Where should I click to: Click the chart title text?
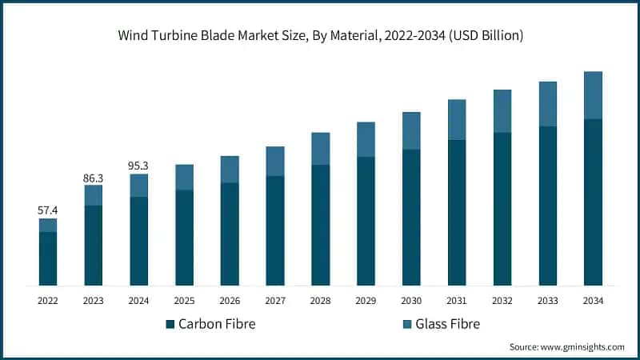pyautogui.click(x=320, y=37)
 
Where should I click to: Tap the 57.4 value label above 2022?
pyautogui.click(x=48, y=210)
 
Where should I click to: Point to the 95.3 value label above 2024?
pyautogui.click(x=139, y=166)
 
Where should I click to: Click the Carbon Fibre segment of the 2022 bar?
pyautogui.click(x=48, y=258)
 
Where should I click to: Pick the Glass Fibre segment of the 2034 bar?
pyautogui.click(x=593, y=95)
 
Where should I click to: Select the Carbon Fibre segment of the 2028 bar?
pyautogui.click(x=320, y=225)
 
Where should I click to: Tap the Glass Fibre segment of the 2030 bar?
pyautogui.click(x=411, y=130)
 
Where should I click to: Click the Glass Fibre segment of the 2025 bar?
pyautogui.click(x=184, y=177)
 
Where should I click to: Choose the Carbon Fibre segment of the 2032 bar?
pyautogui.click(x=502, y=209)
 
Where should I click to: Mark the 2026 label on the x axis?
pyautogui.click(x=230, y=300)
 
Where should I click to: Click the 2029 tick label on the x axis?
pyautogui.click(x=366, y=300)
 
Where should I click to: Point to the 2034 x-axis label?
pyautogui.click(x=593, y=300)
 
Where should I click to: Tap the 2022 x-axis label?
pyautogui.click(x=48, y=300)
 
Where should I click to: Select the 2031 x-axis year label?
pyautogui.click(x=457, y=300)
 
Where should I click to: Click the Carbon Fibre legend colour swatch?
pyautogui.click(x=170, y=324)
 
